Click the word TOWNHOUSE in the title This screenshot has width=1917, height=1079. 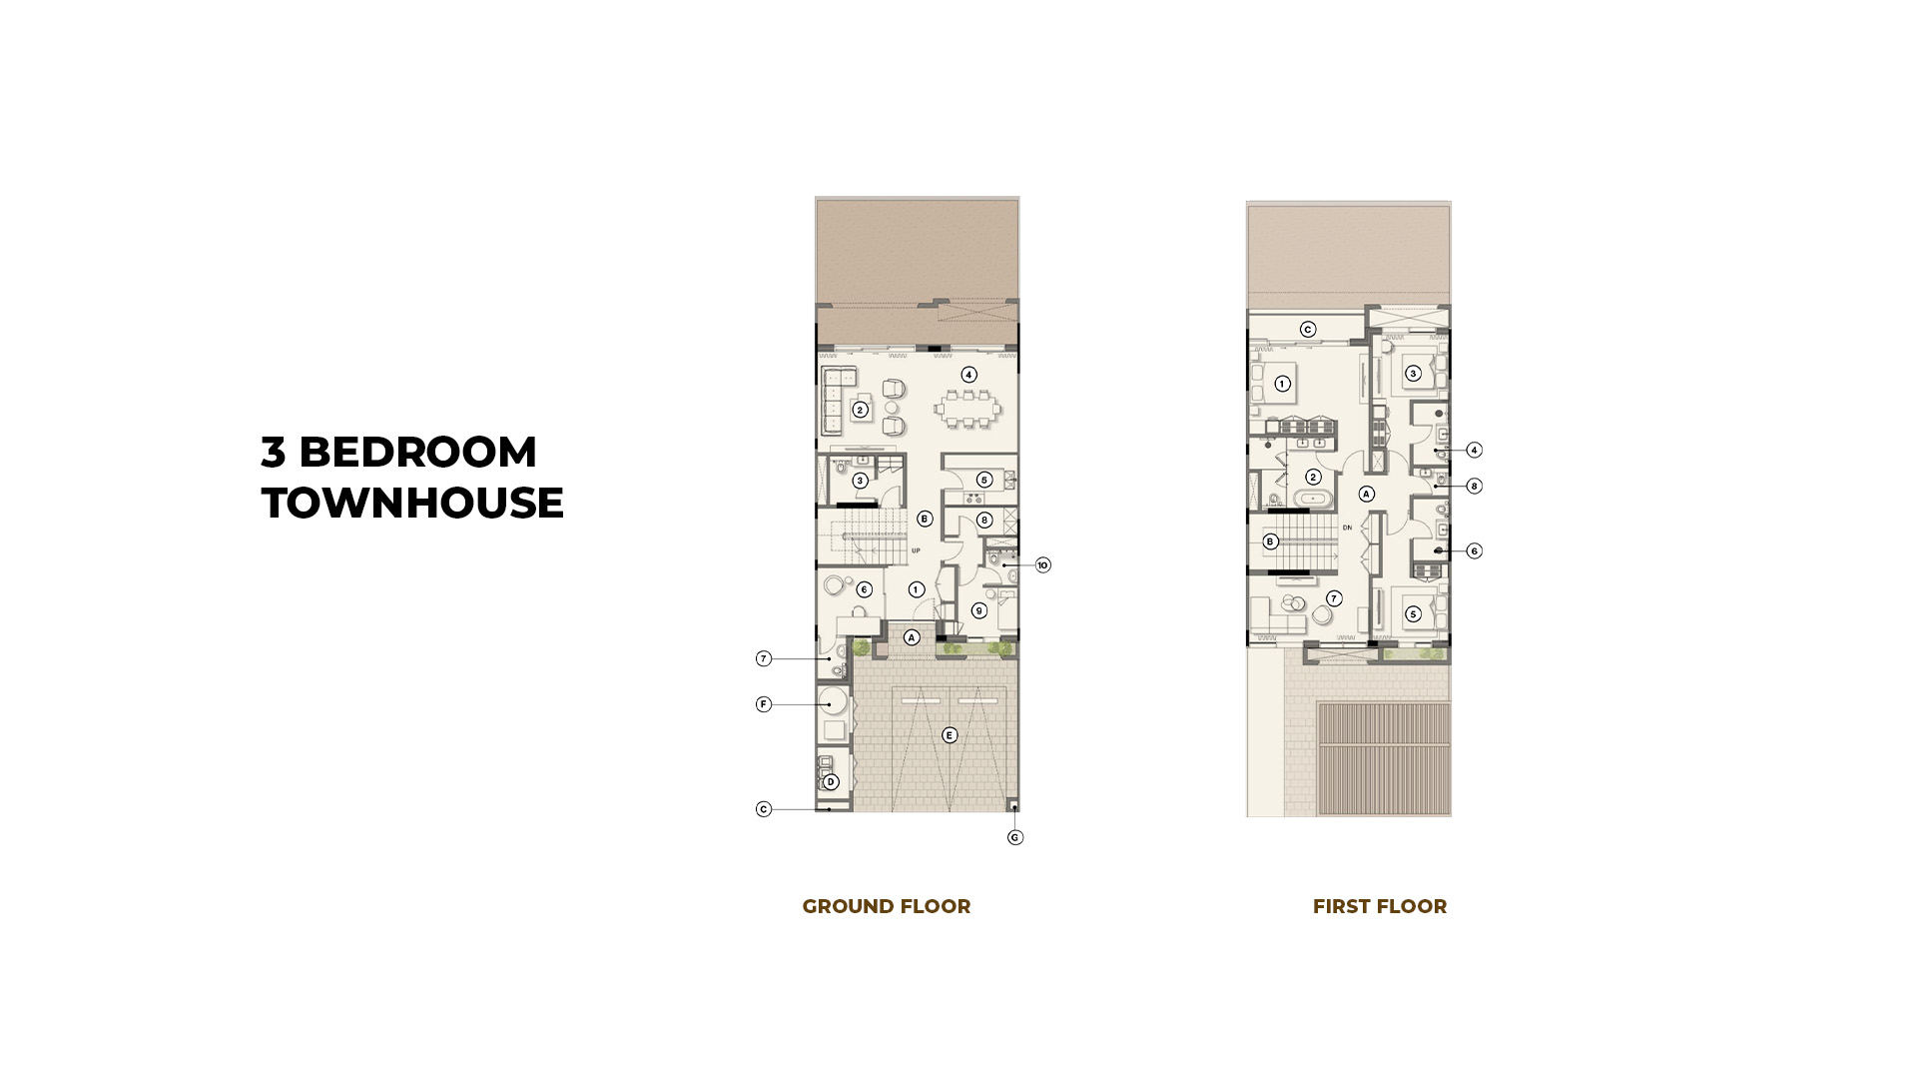(x=412, y=503)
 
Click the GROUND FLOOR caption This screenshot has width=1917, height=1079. (x=886, y=906)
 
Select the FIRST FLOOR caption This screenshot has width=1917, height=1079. (x=1379, y=906)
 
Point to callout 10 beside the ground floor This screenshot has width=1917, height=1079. (x=1042, y=565)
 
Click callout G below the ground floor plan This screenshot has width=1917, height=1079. (x=1014, y=837)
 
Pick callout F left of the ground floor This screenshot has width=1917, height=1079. (x=764, y=704)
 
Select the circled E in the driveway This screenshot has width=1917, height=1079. (x=950, y=735)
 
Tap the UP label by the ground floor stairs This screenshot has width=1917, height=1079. (x=916, y=550)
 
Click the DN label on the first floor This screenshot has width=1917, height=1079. (x=1347, y=528)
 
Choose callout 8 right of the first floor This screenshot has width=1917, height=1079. (x=1474, y=487)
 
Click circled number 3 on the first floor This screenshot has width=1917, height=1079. (x=1412, y=374)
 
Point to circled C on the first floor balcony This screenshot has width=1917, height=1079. (x=1308, y=330)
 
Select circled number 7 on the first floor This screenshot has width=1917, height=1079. (x=1334, y=598)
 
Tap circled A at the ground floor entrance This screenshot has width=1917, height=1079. (x=911, y=637)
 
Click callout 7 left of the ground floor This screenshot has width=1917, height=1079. (x=764, y=658)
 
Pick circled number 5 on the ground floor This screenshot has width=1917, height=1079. (x=983, y=480)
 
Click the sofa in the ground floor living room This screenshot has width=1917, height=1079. (x=832, y=401)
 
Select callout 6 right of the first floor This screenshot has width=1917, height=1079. (x=1474, y=550)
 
